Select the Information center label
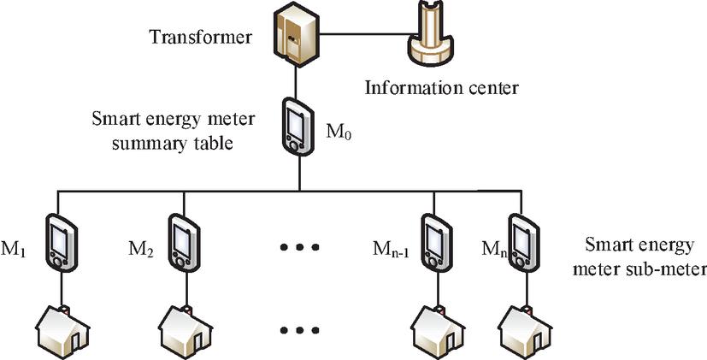click(x=442, y=87)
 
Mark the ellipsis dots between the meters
click(x=300, y=248)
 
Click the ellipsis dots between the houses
click(x=300, y=329)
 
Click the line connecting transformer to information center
click(x=359, y=36)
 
